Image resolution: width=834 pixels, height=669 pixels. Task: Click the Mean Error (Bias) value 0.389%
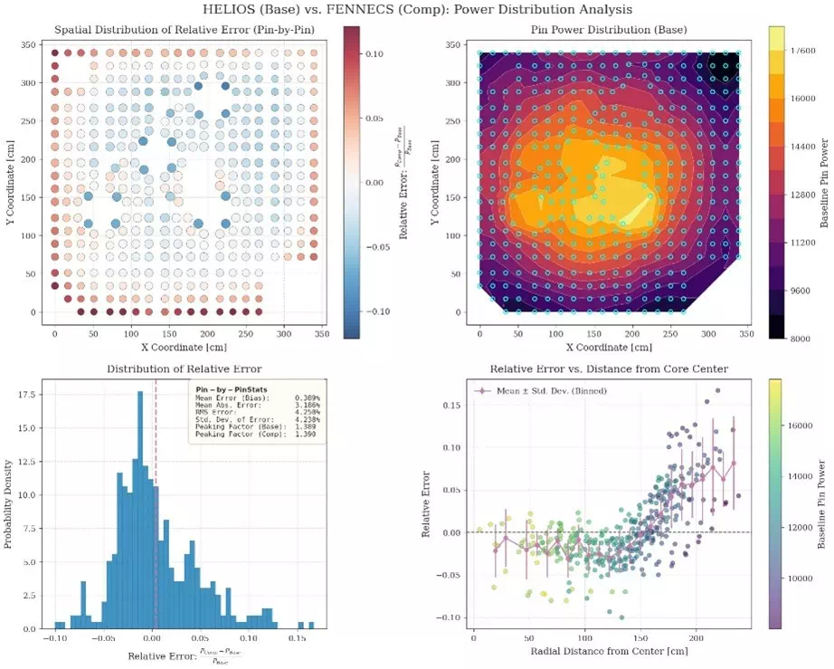pyautogui.click(x=306, y=398)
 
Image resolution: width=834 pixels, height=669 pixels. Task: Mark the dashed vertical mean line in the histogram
pyautogui.click(x=155, y=543)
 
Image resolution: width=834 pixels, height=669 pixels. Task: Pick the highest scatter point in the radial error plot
pyautogui.click(x=718, y=391)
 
